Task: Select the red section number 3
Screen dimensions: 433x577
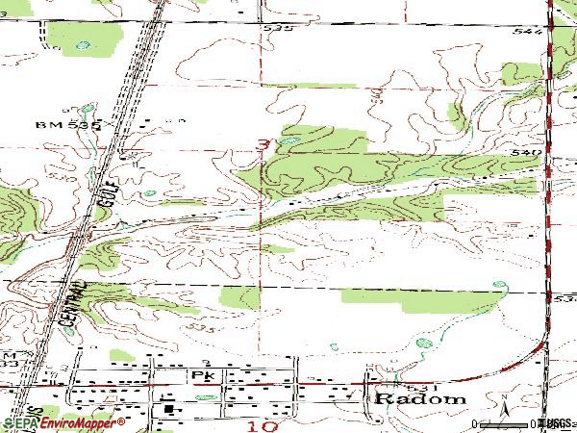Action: [262, 145]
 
